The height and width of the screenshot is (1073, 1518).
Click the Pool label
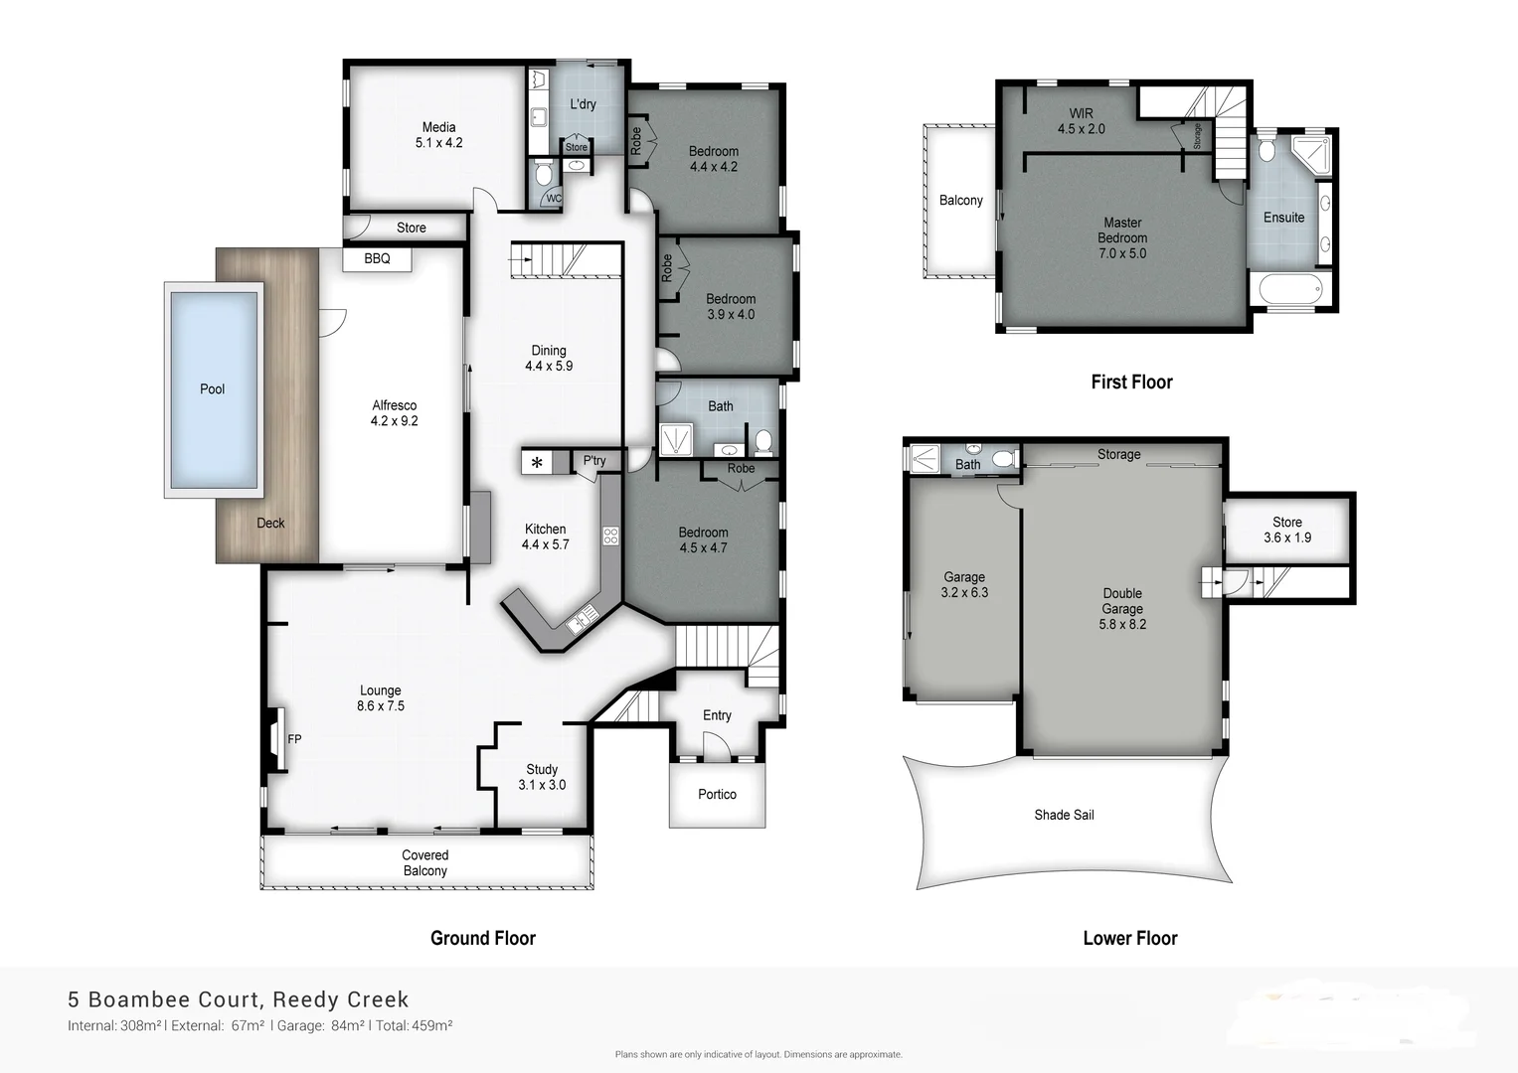[x=212, y=389]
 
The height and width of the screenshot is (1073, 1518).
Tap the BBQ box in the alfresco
[x=377, y=259]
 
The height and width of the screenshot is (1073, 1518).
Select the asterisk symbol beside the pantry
[x=537, y=463]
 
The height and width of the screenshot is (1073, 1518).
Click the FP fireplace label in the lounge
[x=294, y=739]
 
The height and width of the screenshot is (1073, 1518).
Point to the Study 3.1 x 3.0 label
[x=542, y=777]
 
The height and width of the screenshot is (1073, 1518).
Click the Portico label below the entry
[x=717, y=795]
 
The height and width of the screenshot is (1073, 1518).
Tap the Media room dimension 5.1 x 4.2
[x=438, y=143]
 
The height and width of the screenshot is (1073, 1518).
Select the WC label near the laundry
[x=554, y=199]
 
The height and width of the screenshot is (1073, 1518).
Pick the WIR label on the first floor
[x=1081, y=113]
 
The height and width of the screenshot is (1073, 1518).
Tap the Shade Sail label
[x=1064, y=815]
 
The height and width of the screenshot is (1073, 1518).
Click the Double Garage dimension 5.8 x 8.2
[x=1122, y=624]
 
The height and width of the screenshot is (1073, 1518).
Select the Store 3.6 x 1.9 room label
[x=1286, y=530]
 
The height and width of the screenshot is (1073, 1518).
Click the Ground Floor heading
[x=482, y=938]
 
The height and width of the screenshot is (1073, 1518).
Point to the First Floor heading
[x=1131, y=382]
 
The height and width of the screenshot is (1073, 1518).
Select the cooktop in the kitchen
[x=610, y=536]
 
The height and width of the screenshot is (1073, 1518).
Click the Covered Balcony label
[x=424, y=862]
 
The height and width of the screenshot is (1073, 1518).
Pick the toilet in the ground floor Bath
[x=763, y=440]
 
